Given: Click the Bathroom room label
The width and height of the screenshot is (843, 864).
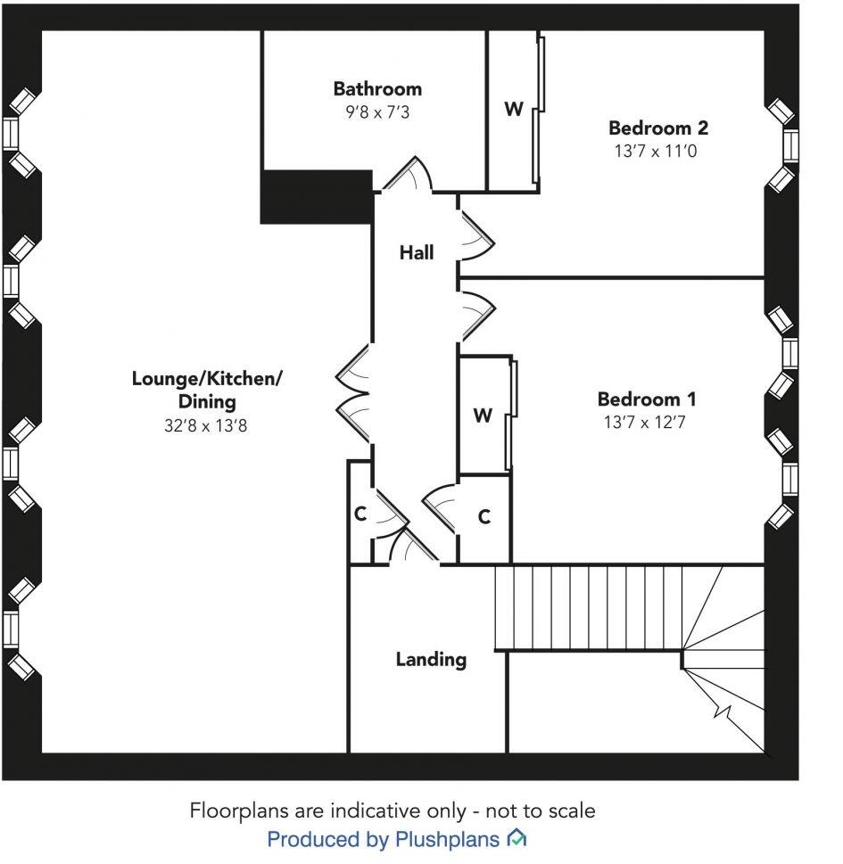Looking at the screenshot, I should tap(377, 88).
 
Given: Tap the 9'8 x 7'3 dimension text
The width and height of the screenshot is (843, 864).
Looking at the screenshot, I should tap(377, 112).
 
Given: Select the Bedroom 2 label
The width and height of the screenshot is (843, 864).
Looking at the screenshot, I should tap(657, 128).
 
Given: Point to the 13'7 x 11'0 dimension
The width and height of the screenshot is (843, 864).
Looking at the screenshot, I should tap(655, 152).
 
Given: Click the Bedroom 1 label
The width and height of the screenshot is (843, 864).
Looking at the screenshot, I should tap(647, 399).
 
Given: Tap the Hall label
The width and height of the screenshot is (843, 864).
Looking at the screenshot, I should tap(416, 252).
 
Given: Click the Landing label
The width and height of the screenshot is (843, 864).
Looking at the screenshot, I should tap(431, 659).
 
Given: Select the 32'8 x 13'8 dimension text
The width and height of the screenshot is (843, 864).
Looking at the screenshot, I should tap(205, 425).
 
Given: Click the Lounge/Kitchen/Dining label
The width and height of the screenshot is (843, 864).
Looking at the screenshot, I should tap(206, 390).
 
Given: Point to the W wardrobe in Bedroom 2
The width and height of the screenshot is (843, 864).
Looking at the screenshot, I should tap(513, 110).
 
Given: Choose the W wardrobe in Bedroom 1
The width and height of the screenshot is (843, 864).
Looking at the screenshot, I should tap(483, 416).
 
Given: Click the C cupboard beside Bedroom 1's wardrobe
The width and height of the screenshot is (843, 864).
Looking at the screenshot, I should tap(484, 517).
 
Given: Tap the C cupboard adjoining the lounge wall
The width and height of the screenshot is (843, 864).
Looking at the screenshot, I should tap(360, 514).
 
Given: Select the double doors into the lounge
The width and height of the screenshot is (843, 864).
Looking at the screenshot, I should tap(353, 393).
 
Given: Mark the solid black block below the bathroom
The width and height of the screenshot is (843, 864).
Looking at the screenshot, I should tap(316, 197).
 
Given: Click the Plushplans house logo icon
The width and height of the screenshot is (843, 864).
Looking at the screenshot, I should tap(517, 838).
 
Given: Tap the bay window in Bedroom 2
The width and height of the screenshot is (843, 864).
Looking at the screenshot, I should tap(785, 144).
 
